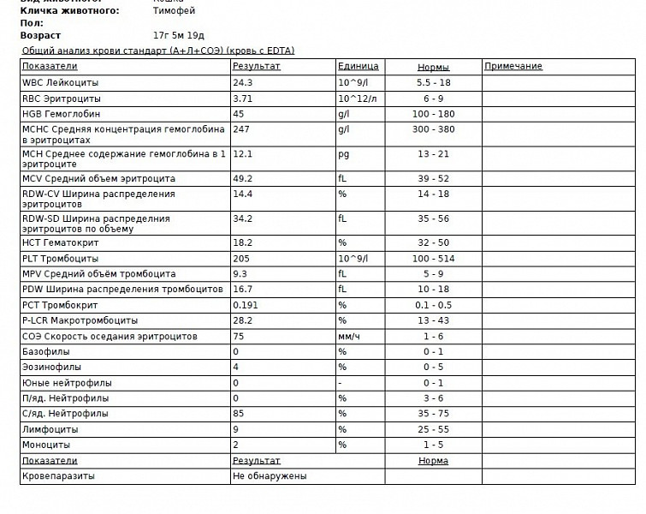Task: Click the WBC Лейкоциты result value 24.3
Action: point(242,83)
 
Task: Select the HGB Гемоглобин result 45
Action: point(239,114)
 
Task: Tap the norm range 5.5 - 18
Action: point(433,83)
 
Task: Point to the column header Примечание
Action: point(513,67)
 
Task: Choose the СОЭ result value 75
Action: point(239,337)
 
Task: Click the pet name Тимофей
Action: point(174,11)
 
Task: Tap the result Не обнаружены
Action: point(270,476)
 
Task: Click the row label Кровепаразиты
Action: point(59,476)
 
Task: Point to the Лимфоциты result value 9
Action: point(235,429)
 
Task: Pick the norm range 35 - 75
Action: point(433,414)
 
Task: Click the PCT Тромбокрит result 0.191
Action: point(246,305)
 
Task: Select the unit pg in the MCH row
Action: point(343,154)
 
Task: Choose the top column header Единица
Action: point(359,67)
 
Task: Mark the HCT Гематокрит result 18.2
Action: point(242,243)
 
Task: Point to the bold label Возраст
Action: point(40,36)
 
